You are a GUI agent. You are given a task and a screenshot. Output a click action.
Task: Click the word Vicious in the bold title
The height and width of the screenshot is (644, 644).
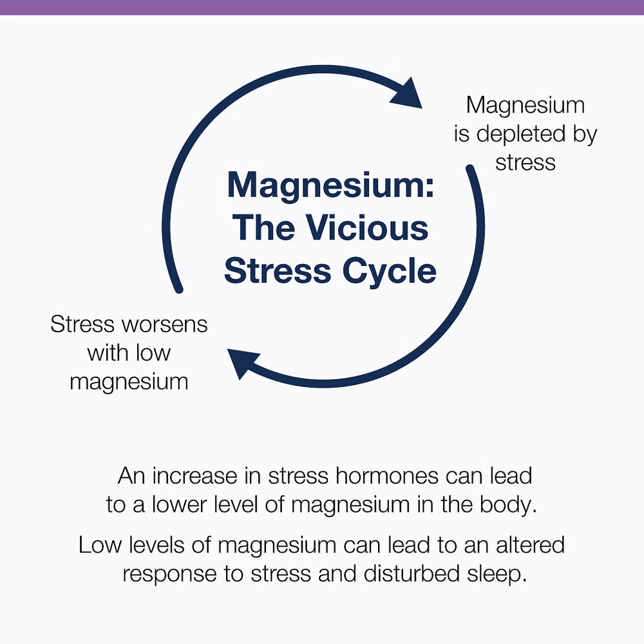click(367, 228)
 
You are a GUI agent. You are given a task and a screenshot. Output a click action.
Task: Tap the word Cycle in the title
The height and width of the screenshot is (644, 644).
click(390, 272)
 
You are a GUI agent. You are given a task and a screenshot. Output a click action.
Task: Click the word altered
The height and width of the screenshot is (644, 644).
click(530, 545)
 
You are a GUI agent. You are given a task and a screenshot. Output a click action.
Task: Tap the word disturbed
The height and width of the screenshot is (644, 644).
click(411, 573)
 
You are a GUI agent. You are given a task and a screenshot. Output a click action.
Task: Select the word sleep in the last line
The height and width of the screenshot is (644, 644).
click(497, 575)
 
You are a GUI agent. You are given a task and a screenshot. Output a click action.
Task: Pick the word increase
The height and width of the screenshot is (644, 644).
click(194, 476)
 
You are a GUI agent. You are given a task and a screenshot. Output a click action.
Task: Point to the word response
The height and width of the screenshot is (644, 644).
click(169, 575)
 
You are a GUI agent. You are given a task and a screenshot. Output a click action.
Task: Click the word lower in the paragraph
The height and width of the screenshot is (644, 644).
click(180, 504)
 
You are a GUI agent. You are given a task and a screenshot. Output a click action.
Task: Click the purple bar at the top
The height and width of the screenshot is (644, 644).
click(322, 7)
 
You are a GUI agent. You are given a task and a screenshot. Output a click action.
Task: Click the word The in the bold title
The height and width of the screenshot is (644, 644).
click(263, 228)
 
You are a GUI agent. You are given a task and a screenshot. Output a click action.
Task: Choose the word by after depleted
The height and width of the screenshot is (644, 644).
click(585, 135)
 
